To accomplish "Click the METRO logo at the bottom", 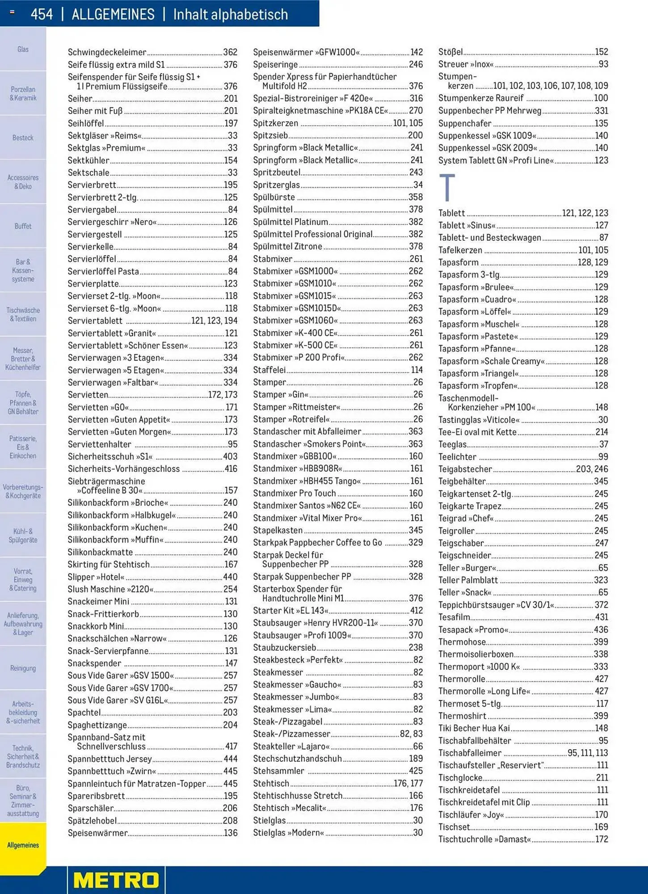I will point(116,880).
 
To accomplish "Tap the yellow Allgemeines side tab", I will point(23,845).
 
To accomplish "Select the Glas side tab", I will point(23,49).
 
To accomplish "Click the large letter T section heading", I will point(447,188).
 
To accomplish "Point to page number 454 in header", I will point(42,14).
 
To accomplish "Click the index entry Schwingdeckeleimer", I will point(107,52).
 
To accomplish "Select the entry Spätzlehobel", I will point(93,821).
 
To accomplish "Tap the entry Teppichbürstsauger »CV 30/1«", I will point(496,605).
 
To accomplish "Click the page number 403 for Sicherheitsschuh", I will point(230,456).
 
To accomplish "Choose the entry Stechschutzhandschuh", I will point(297,759).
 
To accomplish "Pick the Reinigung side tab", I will point(23,668).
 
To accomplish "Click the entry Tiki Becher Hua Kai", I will point(474,728).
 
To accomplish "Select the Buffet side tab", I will point(23,226).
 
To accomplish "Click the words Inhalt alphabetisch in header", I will point(230,14).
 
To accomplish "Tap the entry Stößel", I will point(450,52).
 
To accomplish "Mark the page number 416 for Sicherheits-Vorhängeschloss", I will point(231,469).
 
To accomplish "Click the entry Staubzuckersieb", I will point(285,647).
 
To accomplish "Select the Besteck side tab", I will point(23,138).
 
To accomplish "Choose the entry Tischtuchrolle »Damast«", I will point(484,839).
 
